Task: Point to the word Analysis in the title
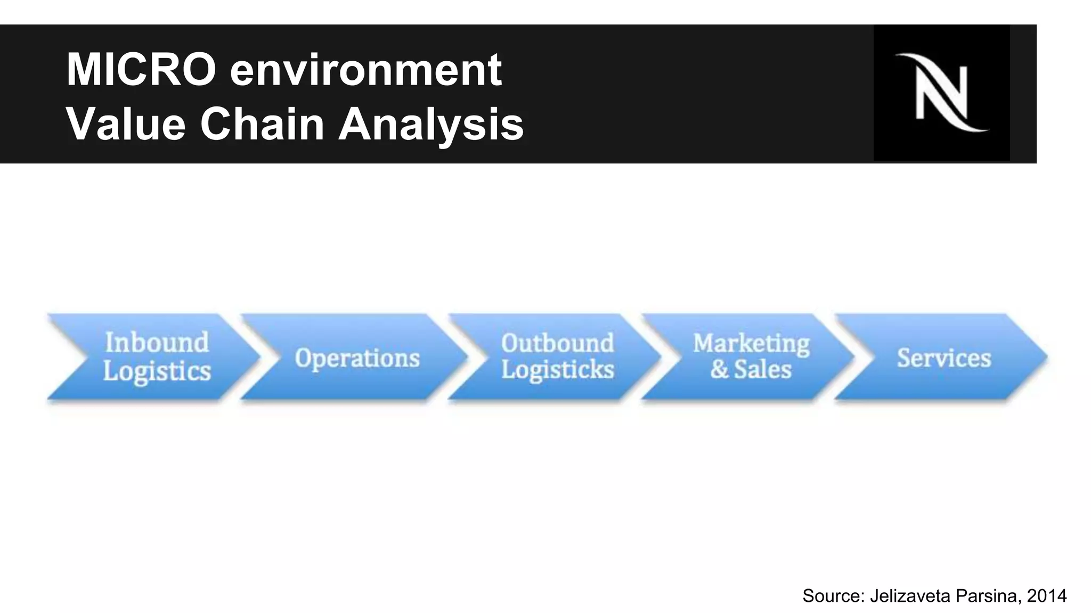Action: click(431, 125)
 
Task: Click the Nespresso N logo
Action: click(941, 93)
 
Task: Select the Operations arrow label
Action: click(357, 358)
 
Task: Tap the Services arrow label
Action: click(943, 358)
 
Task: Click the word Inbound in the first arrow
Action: click(157, 342)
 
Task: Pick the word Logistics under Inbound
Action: click(157, 371)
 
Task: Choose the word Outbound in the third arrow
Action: click(557, 343)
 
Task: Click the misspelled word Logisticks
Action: click(557, 370)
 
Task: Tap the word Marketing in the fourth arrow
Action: click(751, 343)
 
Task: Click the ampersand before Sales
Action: click(719, 369)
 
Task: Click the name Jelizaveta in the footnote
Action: click(911, 596)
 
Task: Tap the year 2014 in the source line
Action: click(1047, 596)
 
